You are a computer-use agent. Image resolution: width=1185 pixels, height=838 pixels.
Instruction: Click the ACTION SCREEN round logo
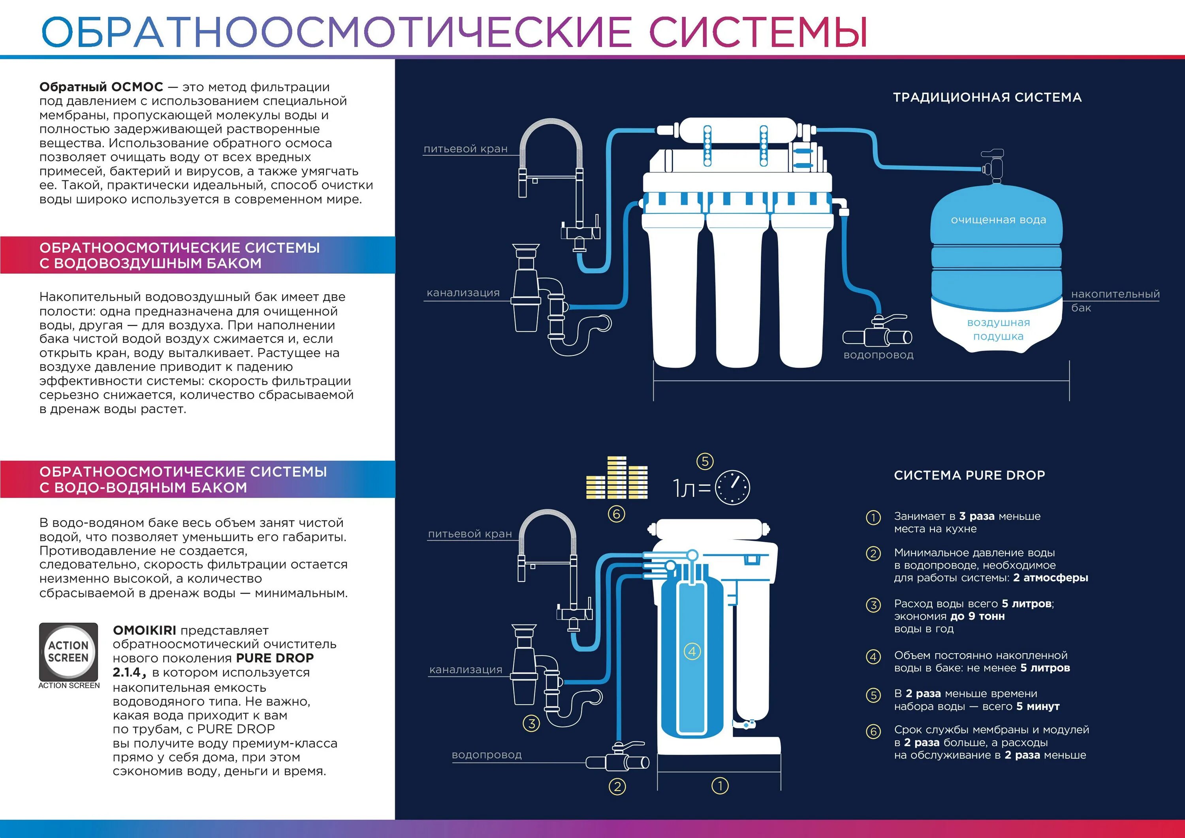click(x=69, y=652)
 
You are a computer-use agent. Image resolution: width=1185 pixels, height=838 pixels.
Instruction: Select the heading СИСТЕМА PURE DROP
click(x=969, y=475)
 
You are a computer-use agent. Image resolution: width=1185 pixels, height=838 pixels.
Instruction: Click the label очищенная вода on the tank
click(x=998, y=220)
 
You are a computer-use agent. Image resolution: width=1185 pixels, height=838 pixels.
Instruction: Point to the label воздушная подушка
click(x=998, y=329)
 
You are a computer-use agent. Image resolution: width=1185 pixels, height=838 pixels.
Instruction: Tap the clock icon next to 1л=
click(x=732, y=487)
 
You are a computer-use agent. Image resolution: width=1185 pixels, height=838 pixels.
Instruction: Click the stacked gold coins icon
click(x=617, y=478)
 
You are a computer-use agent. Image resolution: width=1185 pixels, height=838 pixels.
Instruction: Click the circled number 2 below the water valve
click(x=617, y=787)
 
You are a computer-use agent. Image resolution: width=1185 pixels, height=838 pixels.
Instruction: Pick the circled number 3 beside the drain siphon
click(x=532, y=723)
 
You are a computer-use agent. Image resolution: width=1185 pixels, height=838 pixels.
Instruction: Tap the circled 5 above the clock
click(x=705, y=461)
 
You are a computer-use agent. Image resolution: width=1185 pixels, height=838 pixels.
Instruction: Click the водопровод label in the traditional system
click(x=878, y=355)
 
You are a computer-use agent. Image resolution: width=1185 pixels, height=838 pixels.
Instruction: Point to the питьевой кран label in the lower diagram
click(x=470, y=534)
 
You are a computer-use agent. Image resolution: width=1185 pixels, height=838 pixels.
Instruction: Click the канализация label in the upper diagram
click(x=463, y=293)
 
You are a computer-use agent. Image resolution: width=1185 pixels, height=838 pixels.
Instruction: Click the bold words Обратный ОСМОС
click(x=101, y=87)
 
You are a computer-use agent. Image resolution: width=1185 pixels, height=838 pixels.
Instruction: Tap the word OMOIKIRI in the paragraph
click(x=145, y=631)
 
